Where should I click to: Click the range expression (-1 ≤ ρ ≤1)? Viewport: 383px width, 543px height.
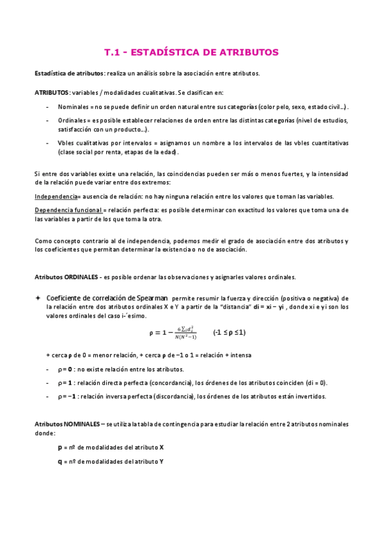click(230, 332)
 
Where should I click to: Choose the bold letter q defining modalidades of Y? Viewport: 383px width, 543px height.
click(60, 461)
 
